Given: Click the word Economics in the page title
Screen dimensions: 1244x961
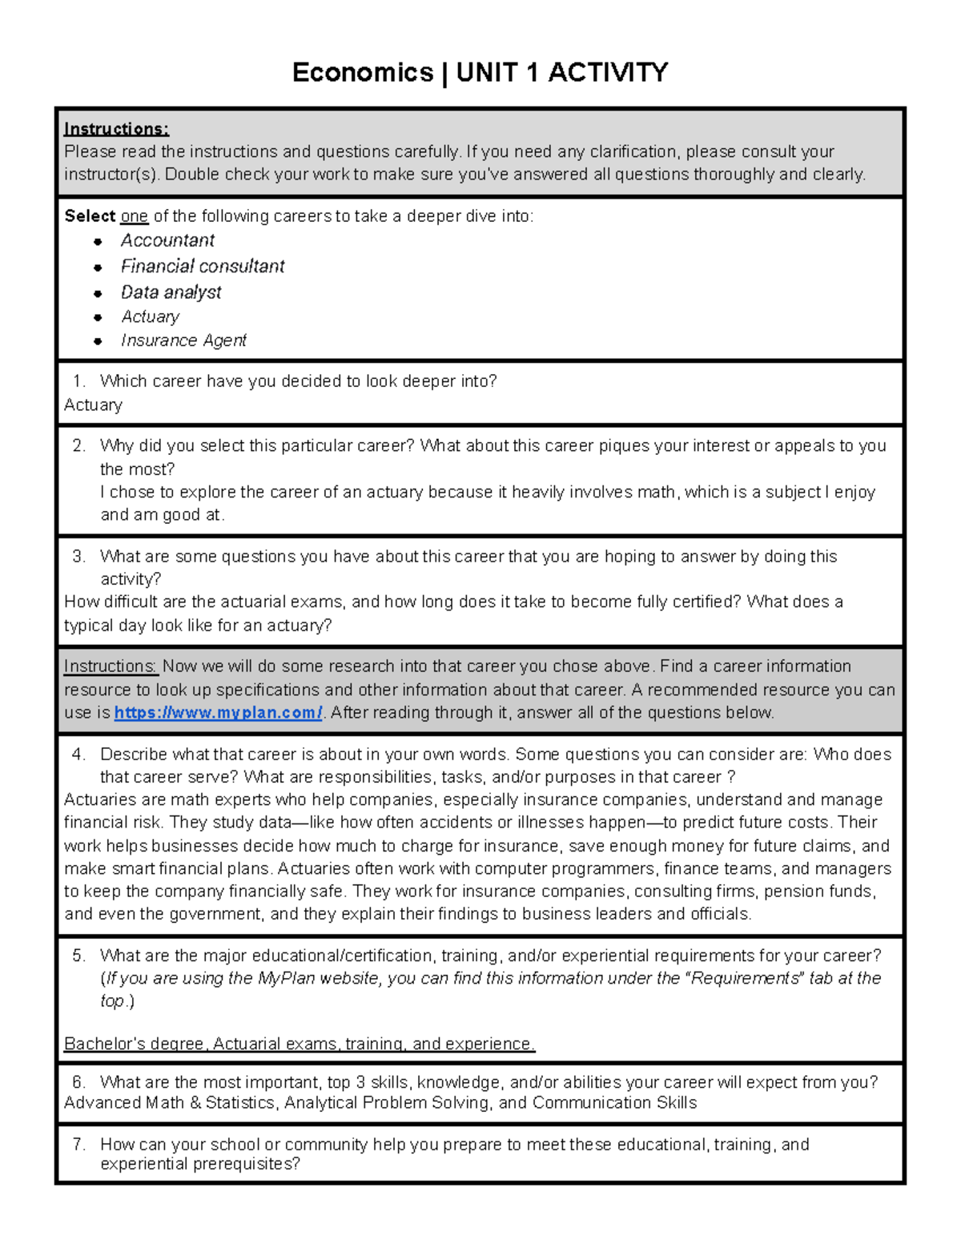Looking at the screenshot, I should point(362,73).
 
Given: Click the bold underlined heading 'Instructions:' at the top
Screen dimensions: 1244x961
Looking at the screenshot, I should point(116,129).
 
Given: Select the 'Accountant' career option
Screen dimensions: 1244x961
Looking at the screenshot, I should point(167,240).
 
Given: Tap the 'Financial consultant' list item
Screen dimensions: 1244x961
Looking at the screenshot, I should point(203,266).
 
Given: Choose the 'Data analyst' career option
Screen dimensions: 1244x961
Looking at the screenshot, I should point(171,292).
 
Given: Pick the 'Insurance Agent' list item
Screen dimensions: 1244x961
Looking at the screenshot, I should point(183,340).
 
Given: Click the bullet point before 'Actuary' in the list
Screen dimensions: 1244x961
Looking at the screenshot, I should point(98,317).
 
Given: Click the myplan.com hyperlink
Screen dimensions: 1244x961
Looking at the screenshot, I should point(218,713).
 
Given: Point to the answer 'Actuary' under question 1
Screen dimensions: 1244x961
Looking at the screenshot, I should point(93,405).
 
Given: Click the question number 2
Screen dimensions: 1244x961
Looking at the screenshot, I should point(78,446).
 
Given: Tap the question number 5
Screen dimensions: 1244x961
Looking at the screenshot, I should point(78,956).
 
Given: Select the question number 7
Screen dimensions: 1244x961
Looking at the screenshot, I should point(78,1145).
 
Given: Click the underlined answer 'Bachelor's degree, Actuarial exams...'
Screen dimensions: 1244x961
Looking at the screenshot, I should point(299,1044).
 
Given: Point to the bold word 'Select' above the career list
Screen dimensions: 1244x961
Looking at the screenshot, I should point(90,216).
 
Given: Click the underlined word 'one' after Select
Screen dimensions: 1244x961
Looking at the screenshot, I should point(135,216).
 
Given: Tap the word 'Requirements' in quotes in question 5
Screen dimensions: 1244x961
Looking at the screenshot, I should point(744,978).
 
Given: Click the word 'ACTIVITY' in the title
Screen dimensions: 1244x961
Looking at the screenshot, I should point(608,73).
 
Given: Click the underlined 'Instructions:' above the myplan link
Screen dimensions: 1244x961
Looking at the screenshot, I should point(110,666).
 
